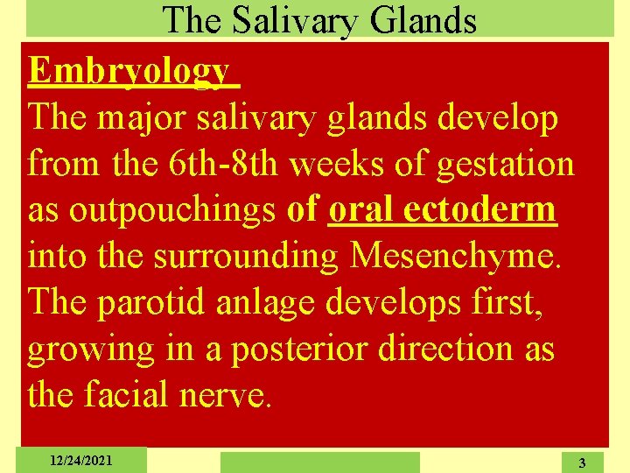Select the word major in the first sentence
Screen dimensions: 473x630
(137, 117)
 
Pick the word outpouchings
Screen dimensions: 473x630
(174, 210)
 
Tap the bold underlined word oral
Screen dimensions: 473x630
(361, 210)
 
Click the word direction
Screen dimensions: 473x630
(446, 349)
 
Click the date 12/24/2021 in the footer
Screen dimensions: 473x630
(80, 460)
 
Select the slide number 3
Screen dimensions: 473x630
(582, 462)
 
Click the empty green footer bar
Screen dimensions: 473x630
(319, 462)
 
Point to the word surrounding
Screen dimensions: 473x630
(249, 258)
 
